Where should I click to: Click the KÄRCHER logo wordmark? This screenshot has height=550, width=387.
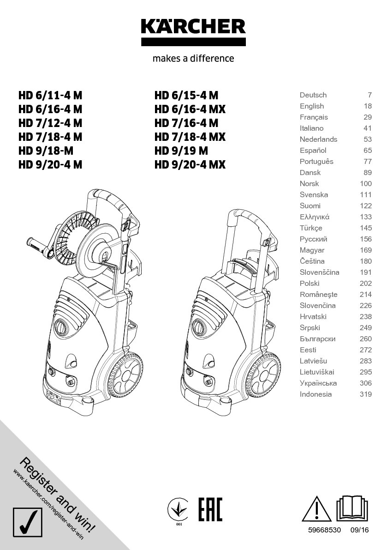pos(193,27)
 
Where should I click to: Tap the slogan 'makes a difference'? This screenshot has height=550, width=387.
pos(193,58)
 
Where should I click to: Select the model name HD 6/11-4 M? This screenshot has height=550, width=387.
pos(50,95)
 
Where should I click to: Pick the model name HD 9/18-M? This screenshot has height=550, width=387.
pos(46,151)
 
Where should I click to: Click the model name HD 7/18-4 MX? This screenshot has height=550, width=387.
pos(190,137)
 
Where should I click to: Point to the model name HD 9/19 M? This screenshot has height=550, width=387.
pos(181,151)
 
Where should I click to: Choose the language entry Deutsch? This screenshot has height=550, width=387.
pos(313,95)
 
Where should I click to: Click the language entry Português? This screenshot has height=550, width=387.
pos(316,162)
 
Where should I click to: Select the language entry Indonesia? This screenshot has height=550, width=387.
pos(316,394)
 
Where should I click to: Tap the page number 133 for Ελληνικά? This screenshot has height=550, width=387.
pos(366,217)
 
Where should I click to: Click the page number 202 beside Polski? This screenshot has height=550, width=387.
pos(366,284)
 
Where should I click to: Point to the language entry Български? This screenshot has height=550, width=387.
pos(318,339)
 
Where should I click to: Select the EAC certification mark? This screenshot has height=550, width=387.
pos(210,509)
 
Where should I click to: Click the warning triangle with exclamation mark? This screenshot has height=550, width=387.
pos(316,509)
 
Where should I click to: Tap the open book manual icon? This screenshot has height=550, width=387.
pos(353,508)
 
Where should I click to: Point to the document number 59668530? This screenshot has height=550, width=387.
pos(324,530)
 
